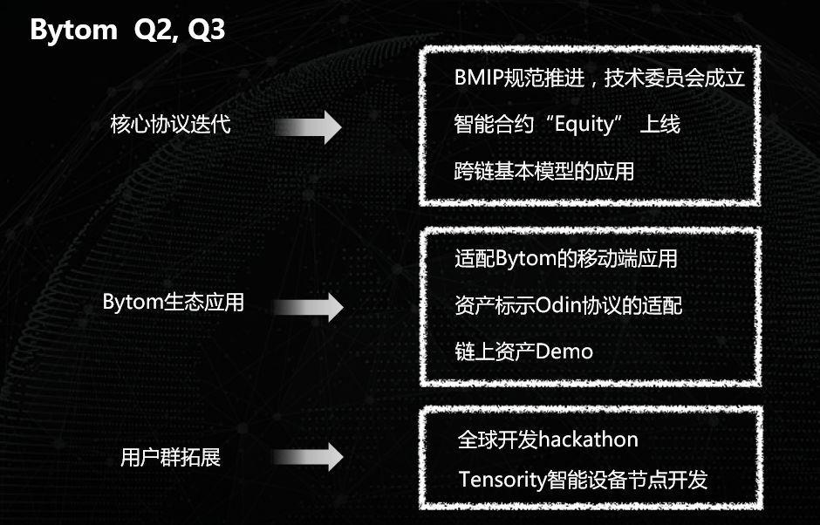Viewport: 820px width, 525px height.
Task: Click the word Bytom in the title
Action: coord(73,30)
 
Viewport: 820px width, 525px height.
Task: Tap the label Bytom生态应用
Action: coord(173,303)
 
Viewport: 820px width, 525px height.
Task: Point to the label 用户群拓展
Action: coord(170,458)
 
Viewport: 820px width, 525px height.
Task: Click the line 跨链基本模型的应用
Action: coord(544,171)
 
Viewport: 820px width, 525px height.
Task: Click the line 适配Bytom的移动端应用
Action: coord(566,259)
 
